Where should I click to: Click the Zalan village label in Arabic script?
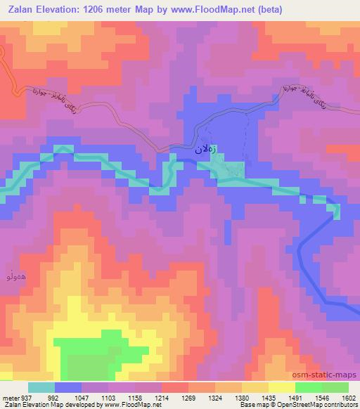[198, 149]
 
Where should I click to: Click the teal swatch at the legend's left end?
[41, 387]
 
